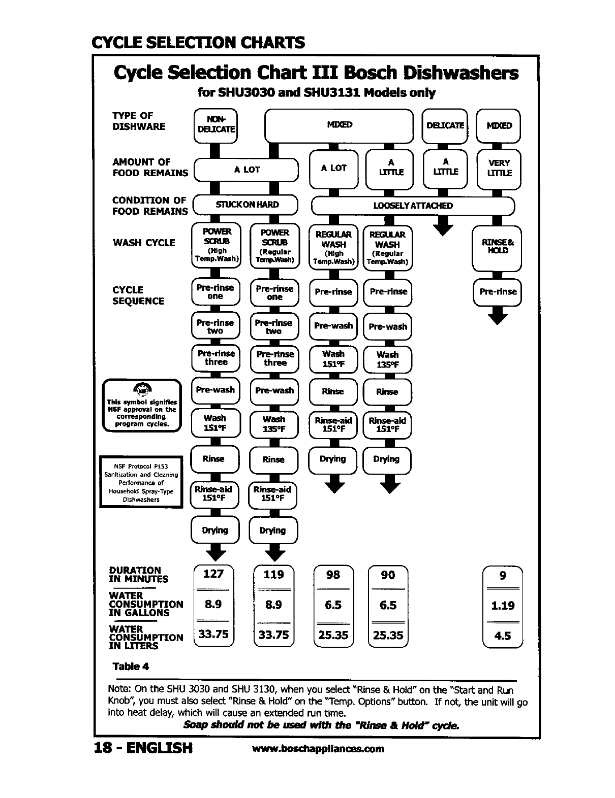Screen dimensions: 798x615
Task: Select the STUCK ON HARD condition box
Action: (x=247, y=205)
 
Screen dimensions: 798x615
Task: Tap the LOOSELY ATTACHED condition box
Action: (x=412, y=206)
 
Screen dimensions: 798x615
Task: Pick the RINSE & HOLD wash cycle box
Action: (x=497, y=247)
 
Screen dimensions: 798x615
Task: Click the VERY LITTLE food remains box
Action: (x=499, y=168)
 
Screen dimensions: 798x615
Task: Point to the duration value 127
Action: (x=213, y=574)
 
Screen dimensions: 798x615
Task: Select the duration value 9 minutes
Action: (x=502, y=576)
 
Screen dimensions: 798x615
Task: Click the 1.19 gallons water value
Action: (x=502, y=606)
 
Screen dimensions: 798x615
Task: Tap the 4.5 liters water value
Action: (x=502, y=636)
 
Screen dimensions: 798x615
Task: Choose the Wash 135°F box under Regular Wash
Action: (x=387, y=359)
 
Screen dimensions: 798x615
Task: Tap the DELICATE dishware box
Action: (x=445, y=125)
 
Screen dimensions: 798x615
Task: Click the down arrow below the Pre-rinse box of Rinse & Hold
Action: (x=498, y=317)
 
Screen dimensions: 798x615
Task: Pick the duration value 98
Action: (x=333, y=575)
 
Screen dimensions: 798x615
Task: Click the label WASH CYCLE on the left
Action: (x=144, y=243)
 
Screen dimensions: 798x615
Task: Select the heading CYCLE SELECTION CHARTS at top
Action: (x=198, y=42)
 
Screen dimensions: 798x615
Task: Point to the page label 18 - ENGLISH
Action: (x=144, y=748)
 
